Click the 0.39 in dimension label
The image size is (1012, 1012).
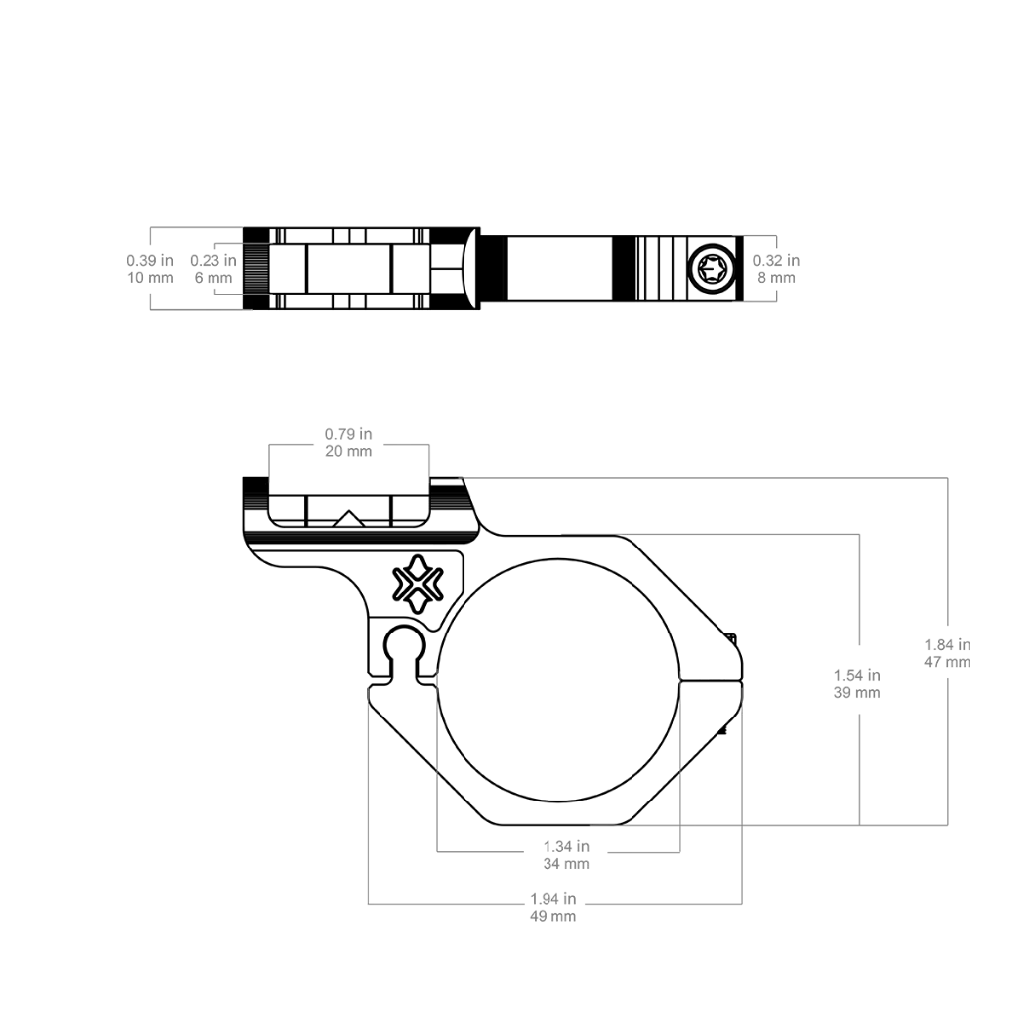click(x=150, y=261)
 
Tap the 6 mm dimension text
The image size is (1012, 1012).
click(x=213, y=278)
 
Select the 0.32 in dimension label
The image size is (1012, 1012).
click(x=776, y=261)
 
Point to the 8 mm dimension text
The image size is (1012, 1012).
click(x=777, y=278)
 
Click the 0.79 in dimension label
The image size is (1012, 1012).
click(x=349, y=434)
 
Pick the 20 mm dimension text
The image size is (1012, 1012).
click(x=349, y=451)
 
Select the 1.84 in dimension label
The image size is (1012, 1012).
click(x=948, y=644)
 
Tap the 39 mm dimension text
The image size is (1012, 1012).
click(x=857, y=693)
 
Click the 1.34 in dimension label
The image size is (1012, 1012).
click(x=566, y=846)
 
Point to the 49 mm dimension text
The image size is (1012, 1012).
click(x=553, y=916)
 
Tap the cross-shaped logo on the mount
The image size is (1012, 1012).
click(x=418, y=583)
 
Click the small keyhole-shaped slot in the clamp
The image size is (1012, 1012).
click(x=404, y=652)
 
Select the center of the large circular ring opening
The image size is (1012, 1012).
click(x=558, y=680)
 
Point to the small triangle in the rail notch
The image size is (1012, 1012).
click(x=349, y=518)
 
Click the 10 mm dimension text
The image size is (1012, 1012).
click(x=150, y=278)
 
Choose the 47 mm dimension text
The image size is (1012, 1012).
click(x=948, y=662)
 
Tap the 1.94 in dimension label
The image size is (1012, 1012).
click(x=553, y=899)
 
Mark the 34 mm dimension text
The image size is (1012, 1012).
click(x=566, y=864)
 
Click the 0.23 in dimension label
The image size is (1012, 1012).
click(x=213, y=261)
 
